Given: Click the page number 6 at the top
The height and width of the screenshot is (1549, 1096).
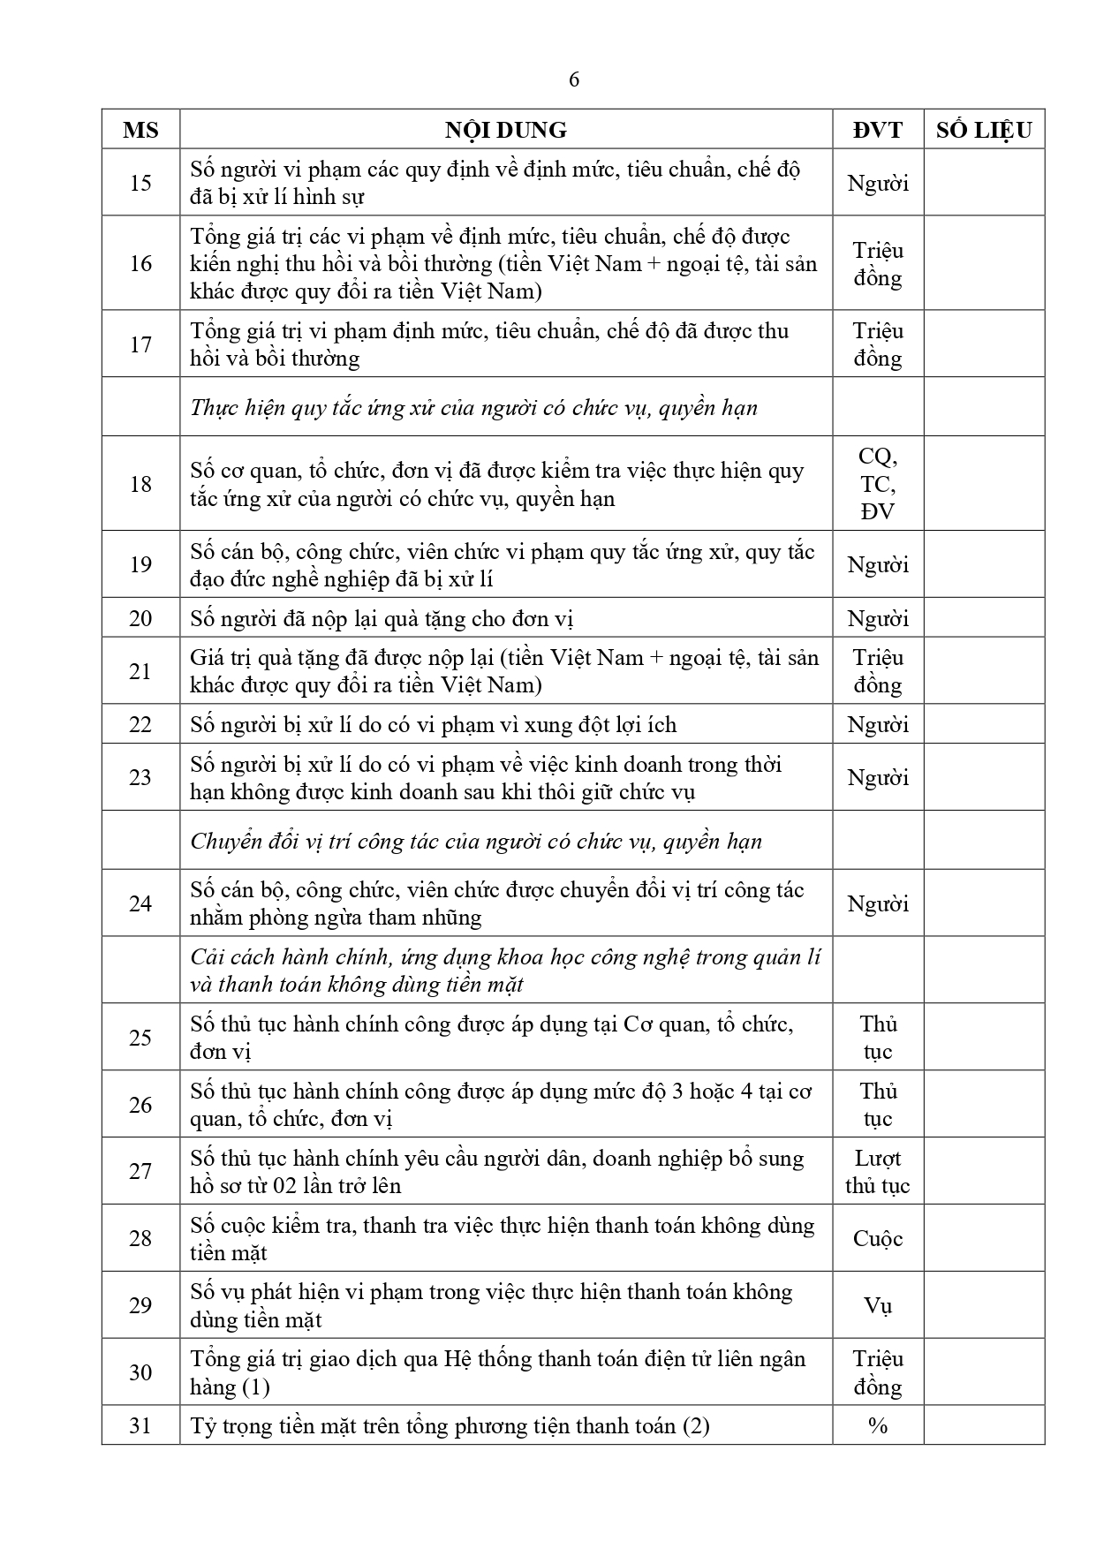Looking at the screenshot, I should click(574, 79).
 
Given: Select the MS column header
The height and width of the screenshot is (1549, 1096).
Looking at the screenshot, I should click(140, 130).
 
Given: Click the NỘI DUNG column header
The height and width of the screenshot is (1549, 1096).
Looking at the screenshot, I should click(505, 130).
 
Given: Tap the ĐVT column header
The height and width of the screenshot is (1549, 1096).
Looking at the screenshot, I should click(878, 130).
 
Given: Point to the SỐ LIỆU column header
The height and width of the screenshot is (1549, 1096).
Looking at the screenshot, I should click(984, 130).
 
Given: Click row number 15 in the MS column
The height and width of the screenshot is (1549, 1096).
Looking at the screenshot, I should click(140, 183).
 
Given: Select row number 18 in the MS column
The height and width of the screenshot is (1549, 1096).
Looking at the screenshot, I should click(140, 484).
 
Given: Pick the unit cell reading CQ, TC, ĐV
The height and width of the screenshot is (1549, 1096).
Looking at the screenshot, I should click(878, 484).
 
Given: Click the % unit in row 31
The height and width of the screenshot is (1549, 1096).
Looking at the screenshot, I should click(878, 1425).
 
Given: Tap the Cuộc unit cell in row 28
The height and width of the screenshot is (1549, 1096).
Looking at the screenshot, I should click(878, 1238).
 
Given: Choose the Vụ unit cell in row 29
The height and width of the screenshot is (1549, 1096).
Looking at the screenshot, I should click(878, 1305).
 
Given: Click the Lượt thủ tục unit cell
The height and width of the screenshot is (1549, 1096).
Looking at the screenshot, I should click(878, 1172).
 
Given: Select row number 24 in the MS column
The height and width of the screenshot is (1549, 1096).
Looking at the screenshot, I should click(140, 903).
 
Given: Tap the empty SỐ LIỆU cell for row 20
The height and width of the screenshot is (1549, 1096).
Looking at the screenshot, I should click(984, 618).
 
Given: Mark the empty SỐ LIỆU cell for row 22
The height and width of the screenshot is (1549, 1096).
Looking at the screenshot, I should click(984, 725).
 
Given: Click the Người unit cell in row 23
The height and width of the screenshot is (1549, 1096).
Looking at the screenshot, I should click(878, 778).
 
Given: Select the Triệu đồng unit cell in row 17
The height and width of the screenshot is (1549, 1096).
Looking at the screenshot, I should click(878, 344).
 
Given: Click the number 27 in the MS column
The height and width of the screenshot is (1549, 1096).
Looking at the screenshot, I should click(140, 1172).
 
